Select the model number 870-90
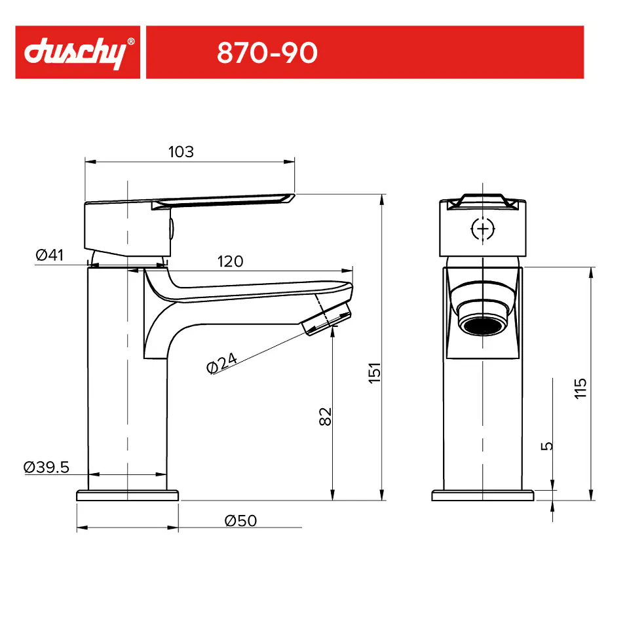[267, 52]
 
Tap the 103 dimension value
[181, 151]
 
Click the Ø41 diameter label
[49, 255]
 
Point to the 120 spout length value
[230, 261]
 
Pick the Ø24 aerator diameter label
[222, 362]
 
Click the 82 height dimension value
[326, 417]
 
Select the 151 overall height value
[375, 373]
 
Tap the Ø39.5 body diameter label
[46, 467]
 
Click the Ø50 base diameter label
[240, 521]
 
